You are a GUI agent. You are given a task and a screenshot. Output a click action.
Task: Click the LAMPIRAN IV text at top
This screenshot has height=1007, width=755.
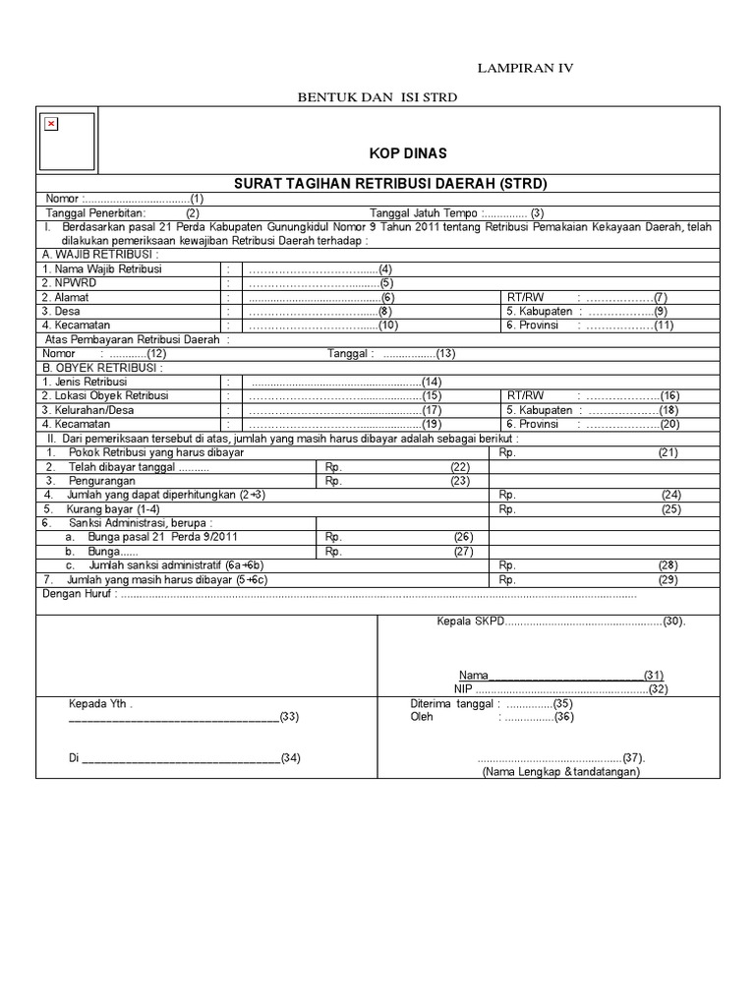[x=524, y=68]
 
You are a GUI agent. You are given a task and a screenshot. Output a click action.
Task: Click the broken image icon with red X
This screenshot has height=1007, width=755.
[x=51, y=124]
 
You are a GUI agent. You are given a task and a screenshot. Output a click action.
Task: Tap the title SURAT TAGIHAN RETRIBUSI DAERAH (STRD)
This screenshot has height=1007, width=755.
[x=389, y=184]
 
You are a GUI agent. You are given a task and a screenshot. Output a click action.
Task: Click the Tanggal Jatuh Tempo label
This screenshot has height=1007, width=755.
[x=424, y=212]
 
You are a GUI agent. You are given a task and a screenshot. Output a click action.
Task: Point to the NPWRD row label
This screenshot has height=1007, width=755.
[x=64, y=282]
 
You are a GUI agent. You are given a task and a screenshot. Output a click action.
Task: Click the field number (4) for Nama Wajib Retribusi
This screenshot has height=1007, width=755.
[x=385, y=268]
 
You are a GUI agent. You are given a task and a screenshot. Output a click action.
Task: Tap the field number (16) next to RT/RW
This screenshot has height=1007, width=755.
[x=670, y=395]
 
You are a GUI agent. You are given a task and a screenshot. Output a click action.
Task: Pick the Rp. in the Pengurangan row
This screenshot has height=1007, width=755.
[x=332, y=481]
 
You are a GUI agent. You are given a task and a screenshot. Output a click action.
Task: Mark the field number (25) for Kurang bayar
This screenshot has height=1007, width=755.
[x=670, y=509]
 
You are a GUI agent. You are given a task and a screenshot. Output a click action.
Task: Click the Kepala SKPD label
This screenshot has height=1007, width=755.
[x=469, y=622]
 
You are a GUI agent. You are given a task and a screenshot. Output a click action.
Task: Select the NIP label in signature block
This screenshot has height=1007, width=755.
[x=463, y=688]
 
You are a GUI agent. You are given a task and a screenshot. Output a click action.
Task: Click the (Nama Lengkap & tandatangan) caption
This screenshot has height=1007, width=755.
[x=560, y=772]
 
